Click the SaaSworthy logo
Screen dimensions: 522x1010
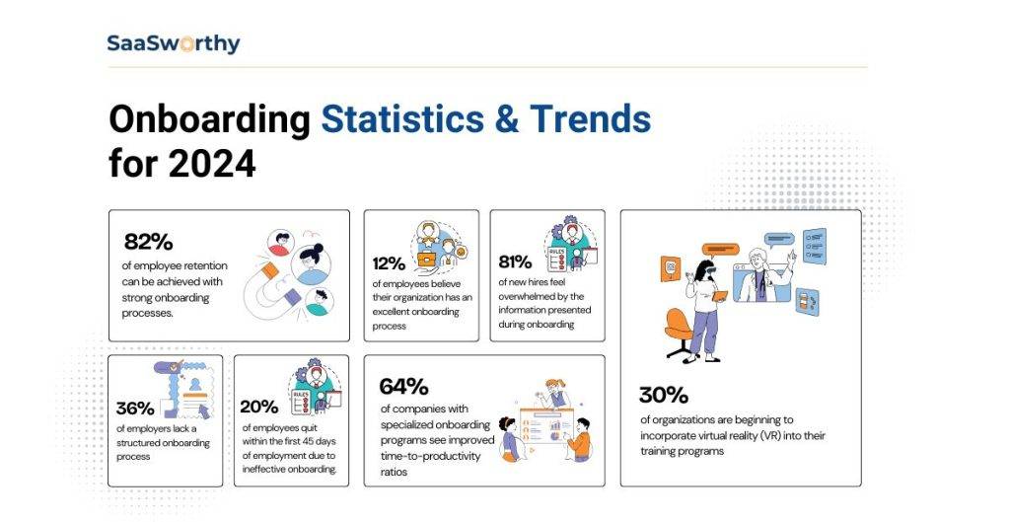174,43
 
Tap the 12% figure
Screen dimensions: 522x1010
389,263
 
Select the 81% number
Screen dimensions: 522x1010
515,263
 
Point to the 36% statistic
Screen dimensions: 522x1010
135,408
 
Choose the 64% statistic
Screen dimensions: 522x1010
404,386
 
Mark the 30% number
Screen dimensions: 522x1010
663,396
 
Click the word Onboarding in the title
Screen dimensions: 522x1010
209,120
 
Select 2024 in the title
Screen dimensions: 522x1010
211,163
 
